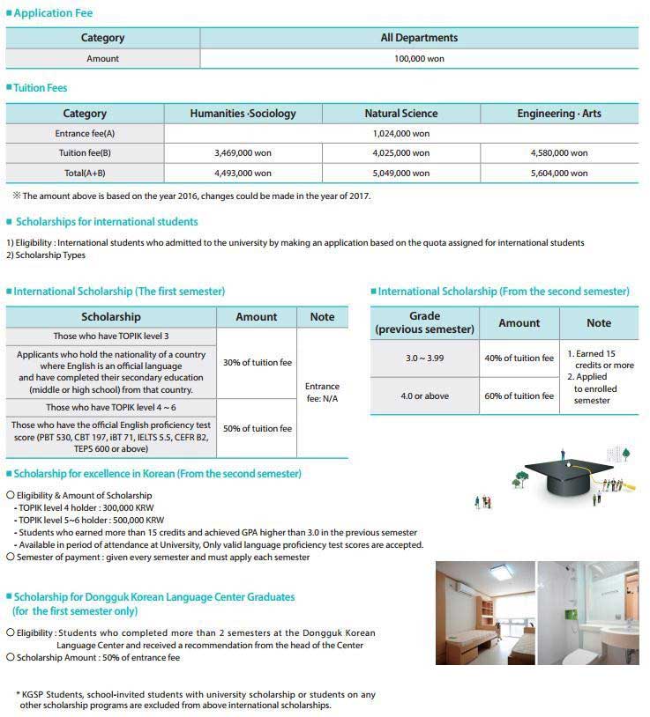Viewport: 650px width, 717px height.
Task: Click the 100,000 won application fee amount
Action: [x=419, y=58]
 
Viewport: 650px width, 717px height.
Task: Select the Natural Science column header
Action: [x=400, y=114]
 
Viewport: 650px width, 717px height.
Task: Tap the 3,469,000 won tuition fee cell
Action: [x=243, y=153]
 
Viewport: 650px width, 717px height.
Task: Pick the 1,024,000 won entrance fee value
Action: [x=401, y=134]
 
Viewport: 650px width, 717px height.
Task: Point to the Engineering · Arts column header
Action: [x=559, y=114]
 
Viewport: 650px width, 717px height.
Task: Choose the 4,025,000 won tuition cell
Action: [x=401, y=153]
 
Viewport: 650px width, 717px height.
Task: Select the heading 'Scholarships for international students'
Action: [x=107, y=222]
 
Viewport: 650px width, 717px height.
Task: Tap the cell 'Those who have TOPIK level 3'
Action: [x=111, y=336]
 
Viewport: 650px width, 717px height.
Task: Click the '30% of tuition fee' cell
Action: [x=256, y=362]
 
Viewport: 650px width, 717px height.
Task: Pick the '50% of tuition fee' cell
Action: [x=256, y=428]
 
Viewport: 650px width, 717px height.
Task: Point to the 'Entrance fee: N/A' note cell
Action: [x=322, y=393]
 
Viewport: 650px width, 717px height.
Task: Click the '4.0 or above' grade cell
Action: [x=424, y=396]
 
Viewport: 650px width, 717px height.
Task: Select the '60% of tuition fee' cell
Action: [x=519, y=396]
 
